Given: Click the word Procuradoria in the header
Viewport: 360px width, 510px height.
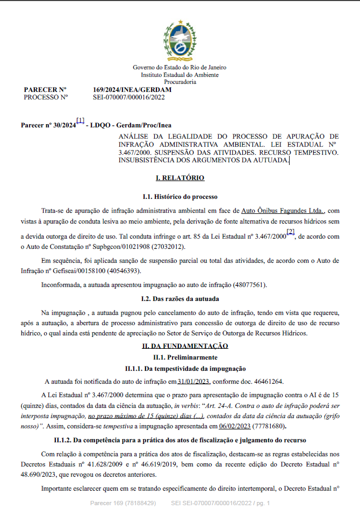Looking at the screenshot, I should tap(179, 82).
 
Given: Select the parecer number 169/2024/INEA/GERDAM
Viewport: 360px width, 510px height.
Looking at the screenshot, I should tap(132, 90).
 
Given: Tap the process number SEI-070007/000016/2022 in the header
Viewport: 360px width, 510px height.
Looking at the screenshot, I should tap(128, 97).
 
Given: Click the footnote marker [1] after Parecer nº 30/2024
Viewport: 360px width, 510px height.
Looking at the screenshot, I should tap(80, 121).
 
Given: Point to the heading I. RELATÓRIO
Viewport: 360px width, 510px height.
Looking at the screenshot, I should tap(179, 178).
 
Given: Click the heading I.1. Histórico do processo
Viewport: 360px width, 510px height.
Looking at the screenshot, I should tap(179, 197).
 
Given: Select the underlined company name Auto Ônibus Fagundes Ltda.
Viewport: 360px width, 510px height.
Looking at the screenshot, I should tap(283, 211).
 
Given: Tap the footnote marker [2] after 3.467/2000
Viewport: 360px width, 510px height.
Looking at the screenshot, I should tap(290, 232).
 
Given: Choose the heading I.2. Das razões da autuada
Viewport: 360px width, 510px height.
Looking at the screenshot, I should tap(179, 298).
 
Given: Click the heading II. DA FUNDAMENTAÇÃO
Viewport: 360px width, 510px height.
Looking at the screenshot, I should tap(179, 347).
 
